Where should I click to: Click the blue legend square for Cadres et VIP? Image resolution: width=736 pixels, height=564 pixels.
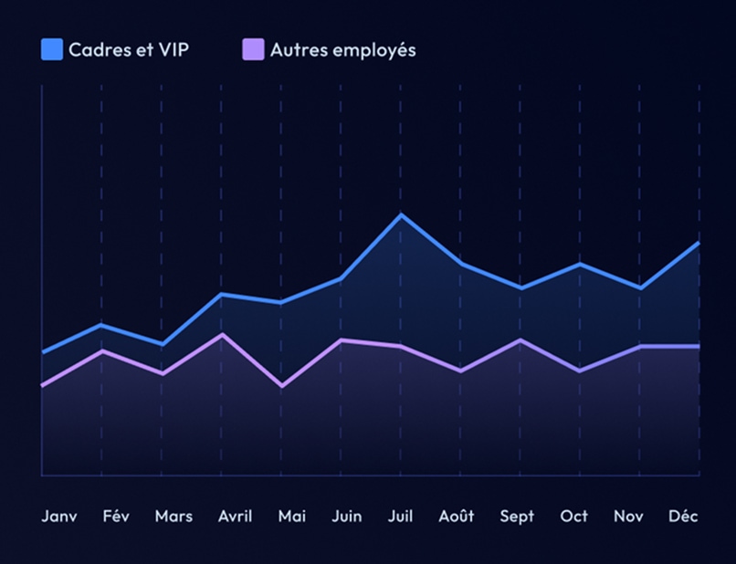pyautogui.click(x=52, y=50)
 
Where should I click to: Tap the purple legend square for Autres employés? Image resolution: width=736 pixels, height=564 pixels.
pyautogui.click(x=253, y=50)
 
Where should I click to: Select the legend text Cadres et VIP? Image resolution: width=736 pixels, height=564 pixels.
pyautogui.click(x=129, y=50)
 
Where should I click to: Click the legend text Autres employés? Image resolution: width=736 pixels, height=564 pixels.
pyautogui.click(x=342, y=50)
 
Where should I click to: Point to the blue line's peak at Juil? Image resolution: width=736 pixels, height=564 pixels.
pyautogui.click(x=400, y=215)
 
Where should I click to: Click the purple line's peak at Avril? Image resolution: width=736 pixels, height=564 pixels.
pyautogui.click(x=221, y=335)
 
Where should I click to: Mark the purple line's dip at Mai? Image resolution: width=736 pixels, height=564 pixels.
pyautogui.click(x=281, y=386)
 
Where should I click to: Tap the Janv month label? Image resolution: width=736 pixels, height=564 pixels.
pyautogui.click(x=59, y=517)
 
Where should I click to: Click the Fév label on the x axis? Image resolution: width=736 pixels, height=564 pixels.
pyautogui.click(x=116, y=517)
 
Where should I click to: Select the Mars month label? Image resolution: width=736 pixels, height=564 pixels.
pyautogui.click(x=173, y=517)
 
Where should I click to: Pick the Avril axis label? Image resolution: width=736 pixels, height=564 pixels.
pyautogui.click(x=236, y=517)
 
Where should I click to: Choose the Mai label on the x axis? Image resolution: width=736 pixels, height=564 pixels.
pyautogui.click(x=292, y=517)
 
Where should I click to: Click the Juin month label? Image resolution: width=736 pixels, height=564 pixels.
pyautogui.click(x=346, y=517)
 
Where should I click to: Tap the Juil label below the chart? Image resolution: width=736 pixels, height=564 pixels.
pyautogui.click(x=400, y=517)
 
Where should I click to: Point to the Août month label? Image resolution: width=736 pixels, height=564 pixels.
pyautogui.click(x=457, y=517)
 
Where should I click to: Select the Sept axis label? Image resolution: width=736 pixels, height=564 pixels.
pyautogui.click(x=517, y=517)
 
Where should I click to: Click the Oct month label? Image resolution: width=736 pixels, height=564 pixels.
pyautogui.click(x=574, y=517)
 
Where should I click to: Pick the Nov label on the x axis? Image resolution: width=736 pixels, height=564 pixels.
pyautogui.click(x=628, y=517)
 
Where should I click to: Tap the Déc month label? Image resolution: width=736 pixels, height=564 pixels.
pyautogui.click(x=683, y=517)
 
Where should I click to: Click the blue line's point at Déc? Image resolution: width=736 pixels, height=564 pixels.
pyautogui.click(x=699, y=244)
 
